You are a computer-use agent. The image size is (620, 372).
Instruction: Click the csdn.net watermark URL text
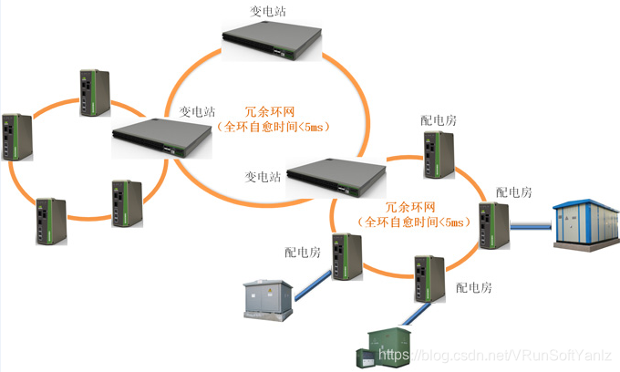(497, 354)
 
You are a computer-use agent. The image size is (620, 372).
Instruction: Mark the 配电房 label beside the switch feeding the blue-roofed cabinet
(513, 193)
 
